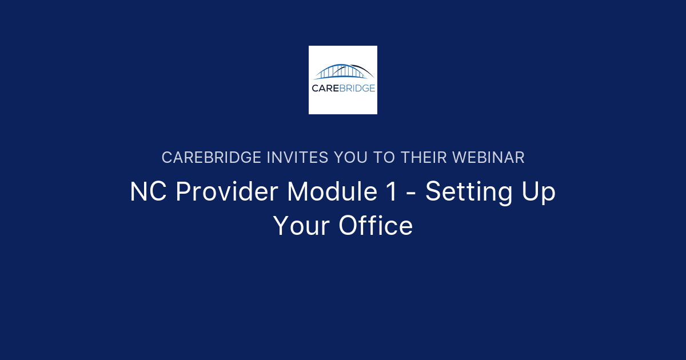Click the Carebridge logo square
tap(343, 80)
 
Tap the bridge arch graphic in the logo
tap(344, 71)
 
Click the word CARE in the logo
tap(325, 88)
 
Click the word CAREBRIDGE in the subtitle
tap(212, 158)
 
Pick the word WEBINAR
tap(490, 158)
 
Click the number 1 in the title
tap(390, 192)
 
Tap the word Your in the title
tap(301, 226)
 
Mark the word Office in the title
tap(376, 226)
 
